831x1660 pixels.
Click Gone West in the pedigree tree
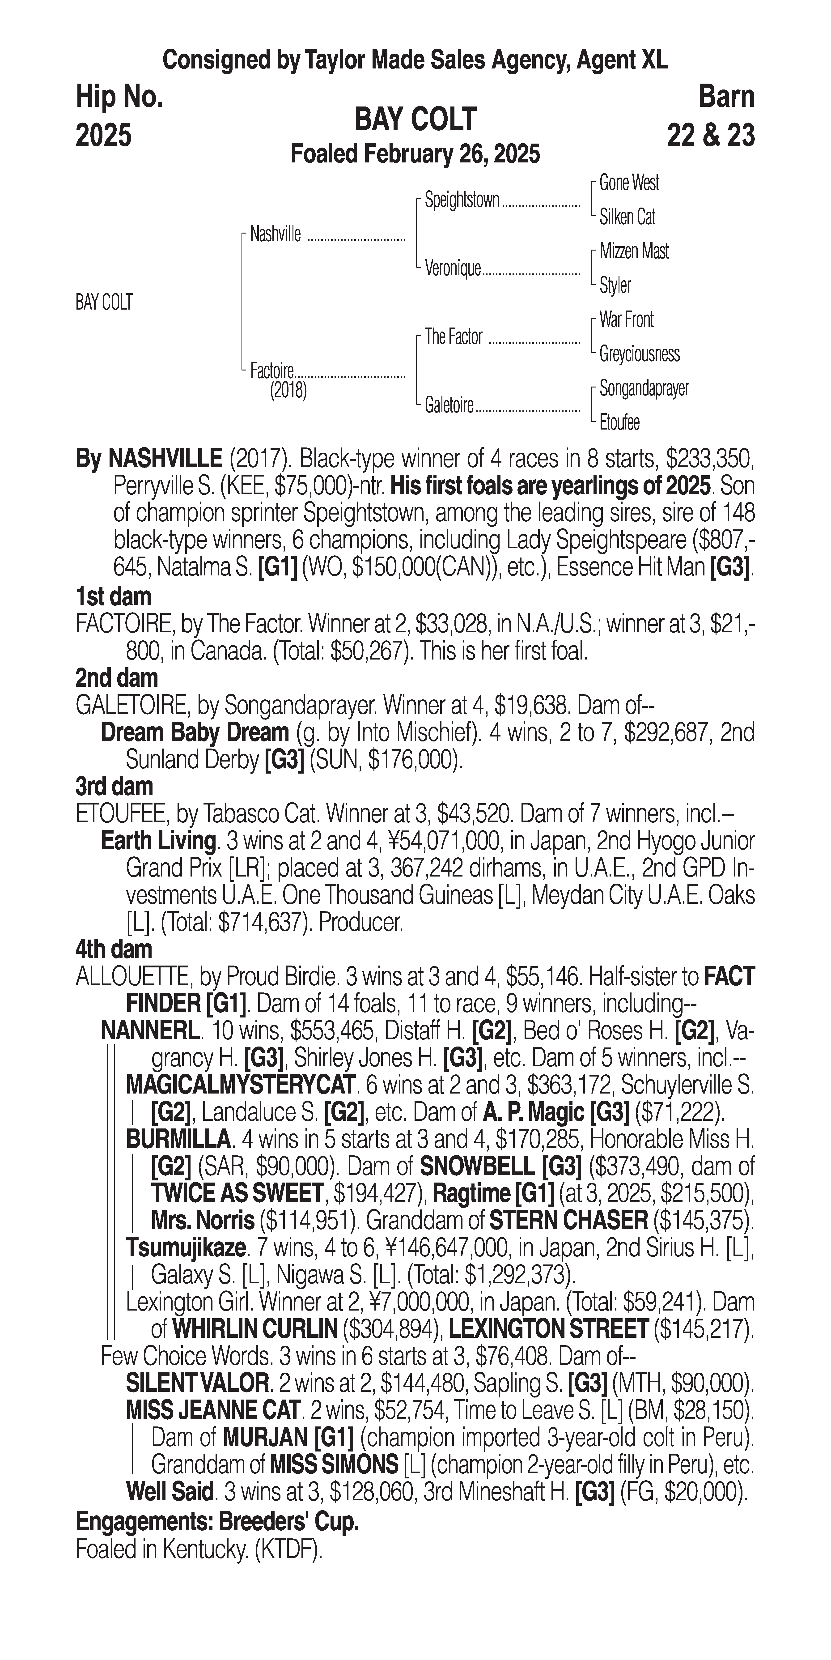[x=629, y=183]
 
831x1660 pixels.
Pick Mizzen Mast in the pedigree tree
[x=634, y=251]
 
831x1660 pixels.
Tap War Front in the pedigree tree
[x=626, y=320]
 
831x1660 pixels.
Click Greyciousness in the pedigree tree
[x=639, y=354]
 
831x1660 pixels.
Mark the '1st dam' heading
[x=113, y=596]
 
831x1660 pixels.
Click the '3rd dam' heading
[x=115, y=787]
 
